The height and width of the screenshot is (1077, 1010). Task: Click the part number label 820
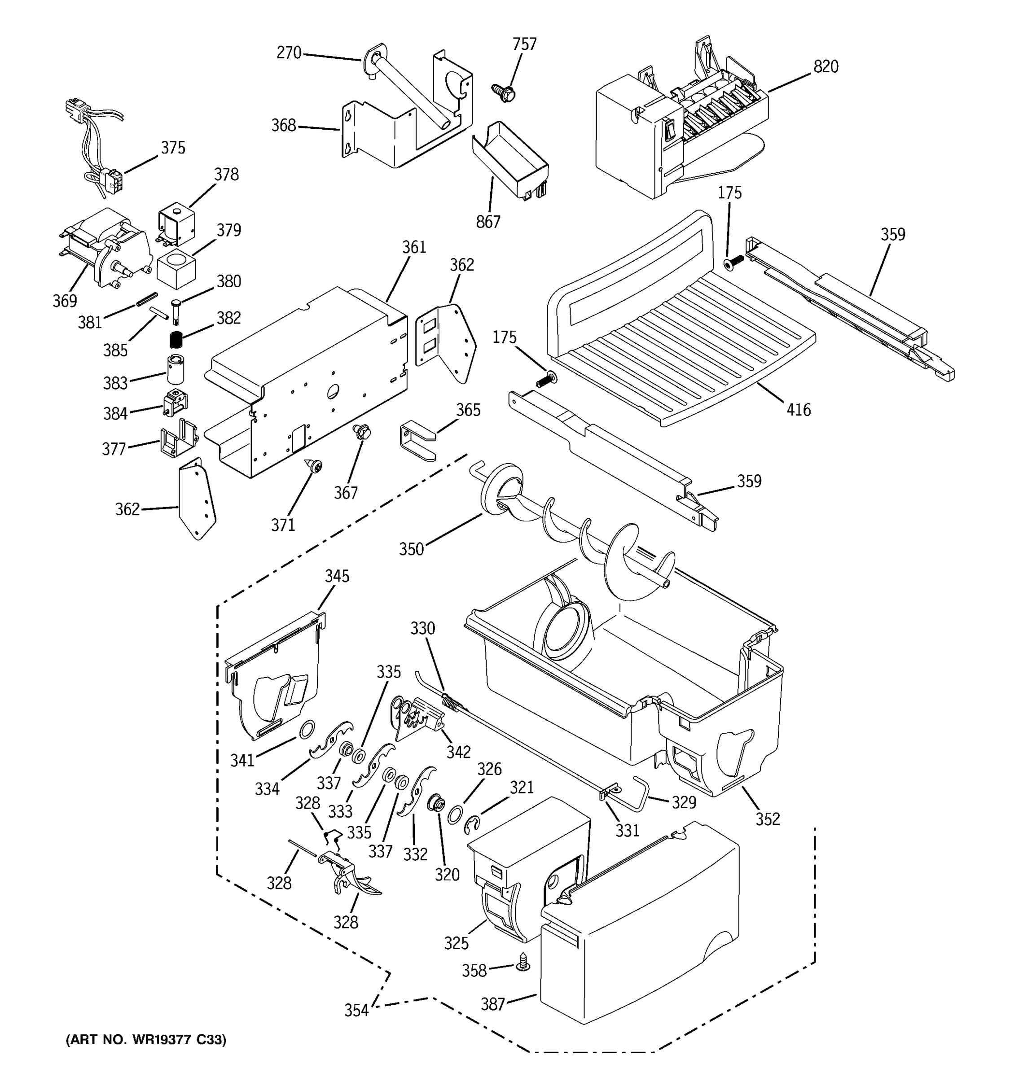[x=825, y=66]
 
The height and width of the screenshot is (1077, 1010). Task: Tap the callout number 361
[x=414, y=247]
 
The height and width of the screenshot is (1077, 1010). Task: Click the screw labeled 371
[x=314, y=465]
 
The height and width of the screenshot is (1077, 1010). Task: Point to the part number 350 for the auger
[x=411, y=549]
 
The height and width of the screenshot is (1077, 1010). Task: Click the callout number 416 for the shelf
[x=798, y=410]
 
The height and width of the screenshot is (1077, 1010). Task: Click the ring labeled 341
[x=306, y=730]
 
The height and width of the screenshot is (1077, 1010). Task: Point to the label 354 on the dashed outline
[x=356, y=1011]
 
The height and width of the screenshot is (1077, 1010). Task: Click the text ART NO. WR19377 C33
[x=146, y=1039]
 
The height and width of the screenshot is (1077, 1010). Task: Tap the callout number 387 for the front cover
[x=492, y=1004]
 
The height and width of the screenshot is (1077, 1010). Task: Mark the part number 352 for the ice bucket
[x=767, y=819]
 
